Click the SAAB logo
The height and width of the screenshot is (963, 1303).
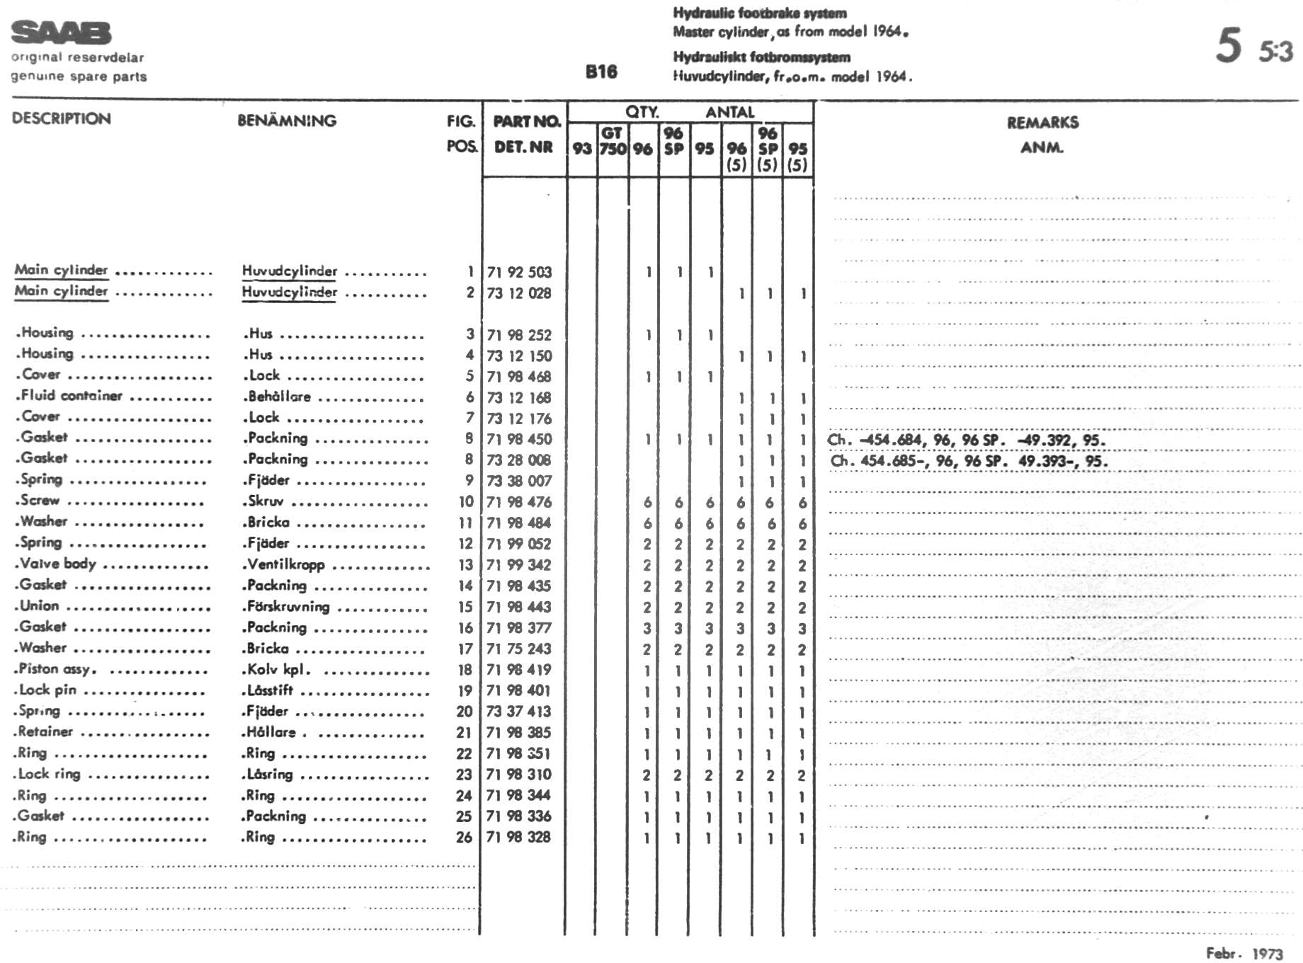click(62, 33)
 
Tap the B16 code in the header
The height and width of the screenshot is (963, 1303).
click(601, 72)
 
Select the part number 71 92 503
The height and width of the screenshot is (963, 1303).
click(519, 272)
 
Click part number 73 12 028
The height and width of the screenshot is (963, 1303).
click(519, 293)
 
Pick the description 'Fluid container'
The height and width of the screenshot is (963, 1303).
click(71, 395)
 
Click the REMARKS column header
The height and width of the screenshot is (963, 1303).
click(1042, 122)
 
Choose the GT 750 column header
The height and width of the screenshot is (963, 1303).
click(613, 141)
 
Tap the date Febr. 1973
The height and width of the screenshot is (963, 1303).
click(1244, 953)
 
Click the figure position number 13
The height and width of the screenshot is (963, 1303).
click(465, 565)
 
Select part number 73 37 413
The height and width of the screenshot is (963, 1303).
click(519, 712)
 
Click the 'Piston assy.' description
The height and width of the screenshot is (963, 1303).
click(57, 669)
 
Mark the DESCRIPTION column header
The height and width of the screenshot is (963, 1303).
click(62, 118)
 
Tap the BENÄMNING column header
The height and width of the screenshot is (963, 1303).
click(287, 120)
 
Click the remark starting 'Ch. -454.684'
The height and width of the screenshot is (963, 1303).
click(967, 440)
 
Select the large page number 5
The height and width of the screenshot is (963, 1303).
click(1229, 45)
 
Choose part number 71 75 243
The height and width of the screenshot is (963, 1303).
click(519, 649)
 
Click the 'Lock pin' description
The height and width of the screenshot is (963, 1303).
click(47, 690)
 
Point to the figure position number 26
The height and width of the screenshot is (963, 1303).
click(464, 837)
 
